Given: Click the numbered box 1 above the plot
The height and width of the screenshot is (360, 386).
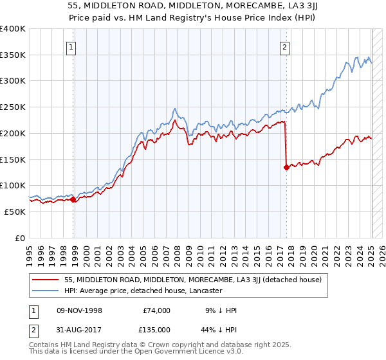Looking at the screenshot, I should pos(70,46).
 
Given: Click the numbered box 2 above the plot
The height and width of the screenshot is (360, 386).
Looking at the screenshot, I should pos(284,46).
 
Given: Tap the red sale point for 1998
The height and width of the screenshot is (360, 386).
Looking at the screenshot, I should pos(73,199).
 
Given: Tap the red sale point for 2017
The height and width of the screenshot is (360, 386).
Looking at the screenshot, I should pos(286,167).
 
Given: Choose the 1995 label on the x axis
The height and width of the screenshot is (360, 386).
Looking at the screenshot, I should pos(30,251).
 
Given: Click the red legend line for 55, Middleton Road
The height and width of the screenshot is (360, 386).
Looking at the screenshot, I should pos(46,280).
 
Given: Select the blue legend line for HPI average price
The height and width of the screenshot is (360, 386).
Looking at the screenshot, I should pos(46,291).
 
